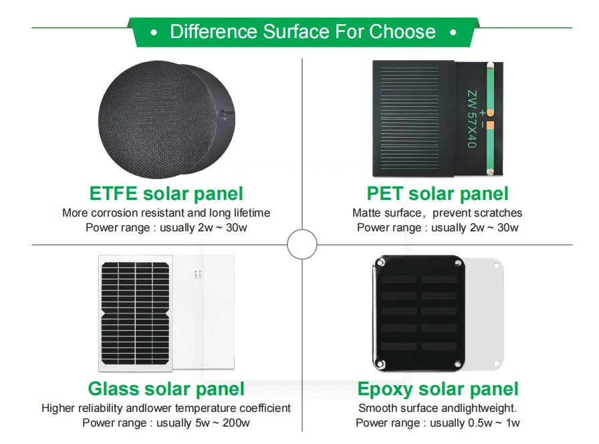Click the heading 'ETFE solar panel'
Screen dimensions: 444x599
(166, 194)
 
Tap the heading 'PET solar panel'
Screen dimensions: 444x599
(437, 194)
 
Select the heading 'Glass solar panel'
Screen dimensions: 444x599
(166, 389)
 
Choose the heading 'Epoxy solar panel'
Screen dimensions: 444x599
(437, 389)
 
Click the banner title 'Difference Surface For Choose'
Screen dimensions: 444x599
(303, 31)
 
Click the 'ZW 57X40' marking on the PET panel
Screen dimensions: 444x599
(471, 119)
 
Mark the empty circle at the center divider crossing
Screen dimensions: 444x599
(302, 245)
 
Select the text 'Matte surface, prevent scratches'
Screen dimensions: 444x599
(437, 213)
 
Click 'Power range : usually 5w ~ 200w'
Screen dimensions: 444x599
(166, 423)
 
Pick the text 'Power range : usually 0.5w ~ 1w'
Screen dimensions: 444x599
(437, 423)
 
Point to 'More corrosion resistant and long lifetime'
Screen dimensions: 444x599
(166, 213)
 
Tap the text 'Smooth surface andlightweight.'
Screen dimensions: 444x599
(437, 408)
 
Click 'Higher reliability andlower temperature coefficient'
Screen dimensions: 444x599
(166, 408)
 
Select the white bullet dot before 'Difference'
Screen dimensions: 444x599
(154, 32)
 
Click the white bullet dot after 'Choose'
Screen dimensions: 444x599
(453, 32)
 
